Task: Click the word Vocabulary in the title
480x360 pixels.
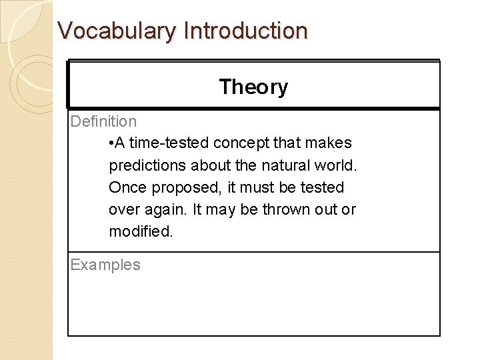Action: tap(117, 31)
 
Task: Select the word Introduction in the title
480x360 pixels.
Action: tap(245, 31)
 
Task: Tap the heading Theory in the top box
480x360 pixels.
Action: tap(253, 87)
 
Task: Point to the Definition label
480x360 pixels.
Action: tap(103, 121)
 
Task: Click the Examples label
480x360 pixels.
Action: tap(105, 265)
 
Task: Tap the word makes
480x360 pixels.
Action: tap(329, 143)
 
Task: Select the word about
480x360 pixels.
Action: tap(209, 165)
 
